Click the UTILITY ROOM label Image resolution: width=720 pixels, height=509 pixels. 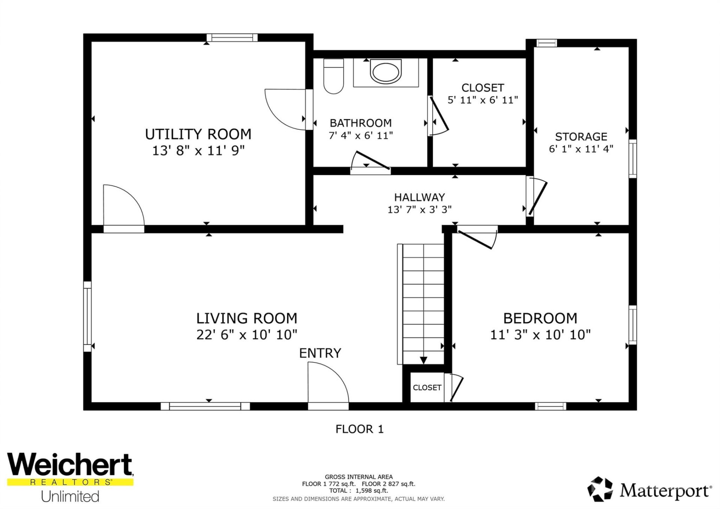pyautogui.click(x=198, y=134)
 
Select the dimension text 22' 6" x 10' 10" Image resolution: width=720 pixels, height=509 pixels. pyautogui.click(x=246, y=335)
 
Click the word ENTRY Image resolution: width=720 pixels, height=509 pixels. pyautogui.click(x=320, y=353)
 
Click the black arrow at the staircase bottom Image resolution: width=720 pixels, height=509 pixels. pyautogui.click(x=423, y=360)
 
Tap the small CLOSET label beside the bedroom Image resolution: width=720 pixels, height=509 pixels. pyautogui.click(x=427, y=387)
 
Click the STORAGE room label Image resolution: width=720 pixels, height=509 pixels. pyautogui.click(x=581, y=137)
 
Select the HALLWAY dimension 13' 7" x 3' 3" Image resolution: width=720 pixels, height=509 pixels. pyautogui.click(x=419, y=209)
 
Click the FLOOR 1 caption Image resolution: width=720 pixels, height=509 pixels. pyautogui.click(x=359, y=429)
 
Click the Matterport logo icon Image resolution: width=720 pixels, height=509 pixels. pyautogui.click(x=600, y=489)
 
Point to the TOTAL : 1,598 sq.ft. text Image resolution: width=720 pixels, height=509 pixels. pyautogui.click(x=358, y=491)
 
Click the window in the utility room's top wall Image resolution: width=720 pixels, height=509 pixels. pyautogui.click(x=232, y=38)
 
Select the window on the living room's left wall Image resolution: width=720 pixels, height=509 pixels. pyautogui.click(x=87, y=316)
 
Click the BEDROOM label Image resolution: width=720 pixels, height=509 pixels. pyautogui.click(x=540, y=318)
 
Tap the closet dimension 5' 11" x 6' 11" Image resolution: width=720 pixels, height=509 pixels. pyautogui.click(x=483, y=100)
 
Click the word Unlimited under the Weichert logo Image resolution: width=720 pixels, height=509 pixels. pyautogui.click(x=70, y=496)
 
